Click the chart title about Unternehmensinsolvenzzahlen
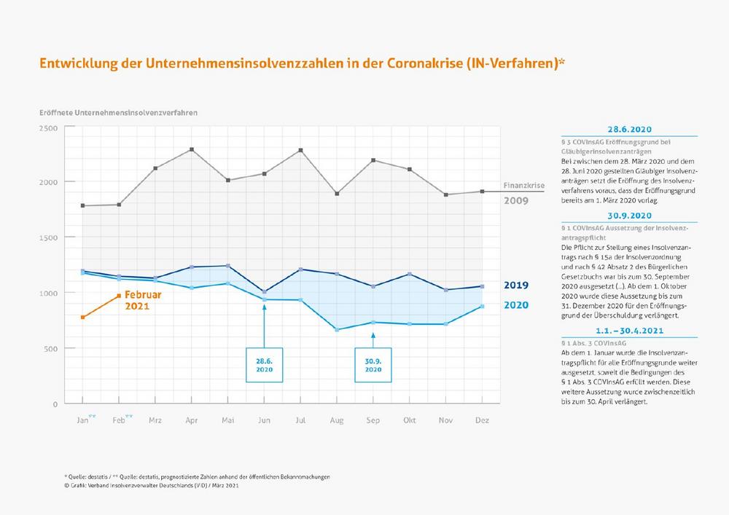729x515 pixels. click(303, 63)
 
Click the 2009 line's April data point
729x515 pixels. click(192, 149)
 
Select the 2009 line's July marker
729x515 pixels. click(300, 150)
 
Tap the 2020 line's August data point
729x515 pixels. click(337, 330)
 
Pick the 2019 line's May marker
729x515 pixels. click(228, 266)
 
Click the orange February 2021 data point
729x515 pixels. click(120, 295)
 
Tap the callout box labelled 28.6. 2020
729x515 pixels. click(265, 364)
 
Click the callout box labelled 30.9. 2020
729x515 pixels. click(373, 364)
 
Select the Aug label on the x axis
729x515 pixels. click(337, 420)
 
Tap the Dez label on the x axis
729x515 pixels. click(482, 420)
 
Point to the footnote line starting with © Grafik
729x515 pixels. click(151, 485)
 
